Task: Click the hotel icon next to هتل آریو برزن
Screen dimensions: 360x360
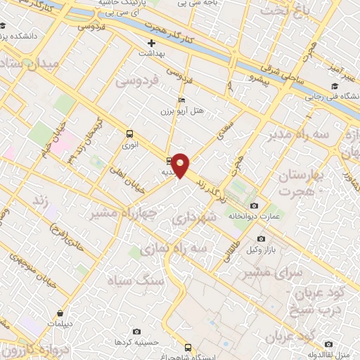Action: click(182, 100)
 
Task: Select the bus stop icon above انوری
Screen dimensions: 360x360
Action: click(129, 134)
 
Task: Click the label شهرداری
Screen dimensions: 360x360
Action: click(206, 219)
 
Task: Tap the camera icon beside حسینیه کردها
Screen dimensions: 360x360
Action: click(136, 331)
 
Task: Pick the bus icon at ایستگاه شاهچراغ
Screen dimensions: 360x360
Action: click(187, 347)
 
